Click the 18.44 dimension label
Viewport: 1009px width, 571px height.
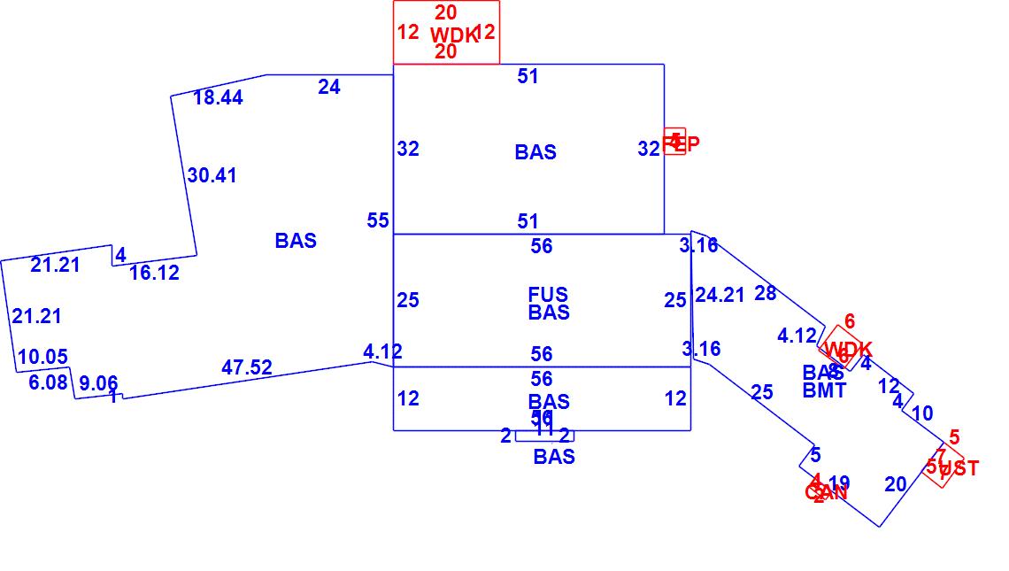tap(218, 97)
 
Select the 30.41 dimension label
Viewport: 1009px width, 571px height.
tap(212, 175)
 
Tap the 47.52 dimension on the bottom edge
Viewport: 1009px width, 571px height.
tap(247, 367)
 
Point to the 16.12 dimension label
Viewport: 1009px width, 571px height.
tap(154, 273)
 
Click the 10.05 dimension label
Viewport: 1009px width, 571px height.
tap(42, 357)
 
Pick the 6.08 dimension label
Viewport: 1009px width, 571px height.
tap(47, 382)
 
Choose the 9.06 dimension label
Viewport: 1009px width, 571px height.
tap(98, 384)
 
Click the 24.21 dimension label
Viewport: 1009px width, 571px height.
tap(720, 295)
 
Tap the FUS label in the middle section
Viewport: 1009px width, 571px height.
tap(548, 295)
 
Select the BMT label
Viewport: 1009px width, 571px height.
tap(824, 390)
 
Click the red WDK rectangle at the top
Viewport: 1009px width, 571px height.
tap(446, 33)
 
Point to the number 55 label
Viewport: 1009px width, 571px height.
tap(378, 220)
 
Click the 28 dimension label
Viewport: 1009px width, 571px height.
tap(766, 293)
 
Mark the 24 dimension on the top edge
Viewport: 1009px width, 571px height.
tap(329, 87)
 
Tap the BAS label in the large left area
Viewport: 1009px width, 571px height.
tap(296, 241)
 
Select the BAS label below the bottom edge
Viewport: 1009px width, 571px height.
tap(554, 457)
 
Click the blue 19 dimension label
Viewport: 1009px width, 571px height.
tap(839, 483)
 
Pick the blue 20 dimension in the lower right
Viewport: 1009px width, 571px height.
tap(896, 483)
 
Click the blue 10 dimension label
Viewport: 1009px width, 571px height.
tap(921, 413)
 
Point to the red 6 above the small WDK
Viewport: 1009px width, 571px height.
tap(850, 321)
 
